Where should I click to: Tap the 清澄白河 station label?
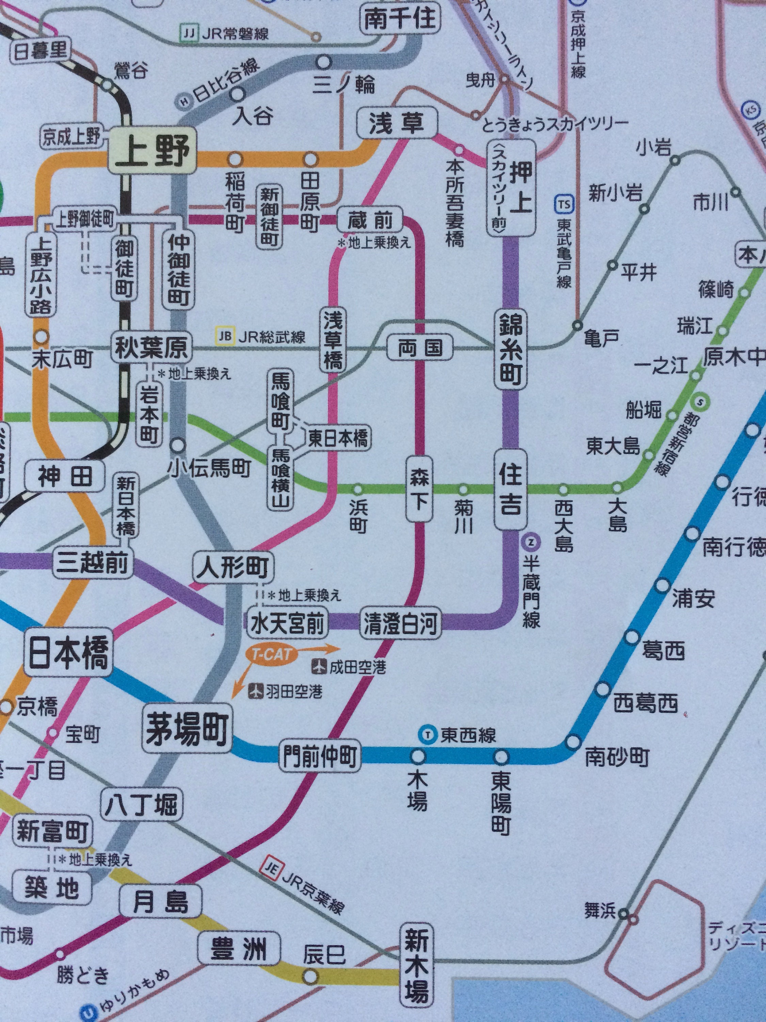click(x=400, y=624)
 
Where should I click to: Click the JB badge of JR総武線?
click(x=224, y=336)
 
